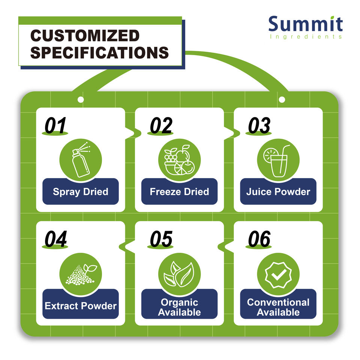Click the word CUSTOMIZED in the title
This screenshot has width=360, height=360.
point(85,36)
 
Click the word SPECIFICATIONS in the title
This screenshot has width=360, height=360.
point(99,52)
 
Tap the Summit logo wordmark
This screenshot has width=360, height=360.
point(306,24)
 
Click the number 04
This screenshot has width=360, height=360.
point(55,239)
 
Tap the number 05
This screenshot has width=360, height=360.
point(161,239)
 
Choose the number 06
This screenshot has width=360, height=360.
point(259,239)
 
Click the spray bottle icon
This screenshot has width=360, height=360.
point(81,160)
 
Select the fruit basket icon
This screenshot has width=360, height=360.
point(179,160)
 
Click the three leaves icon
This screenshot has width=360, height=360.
point(179,274)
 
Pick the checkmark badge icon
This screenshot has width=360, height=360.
point(278,274)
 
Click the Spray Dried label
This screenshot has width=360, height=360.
point(81,192)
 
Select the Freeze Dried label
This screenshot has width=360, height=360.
point(179,192)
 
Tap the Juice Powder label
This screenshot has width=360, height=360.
point(278,192)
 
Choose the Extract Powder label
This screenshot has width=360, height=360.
point(81,306)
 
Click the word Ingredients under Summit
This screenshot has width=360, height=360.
point(306,37)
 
